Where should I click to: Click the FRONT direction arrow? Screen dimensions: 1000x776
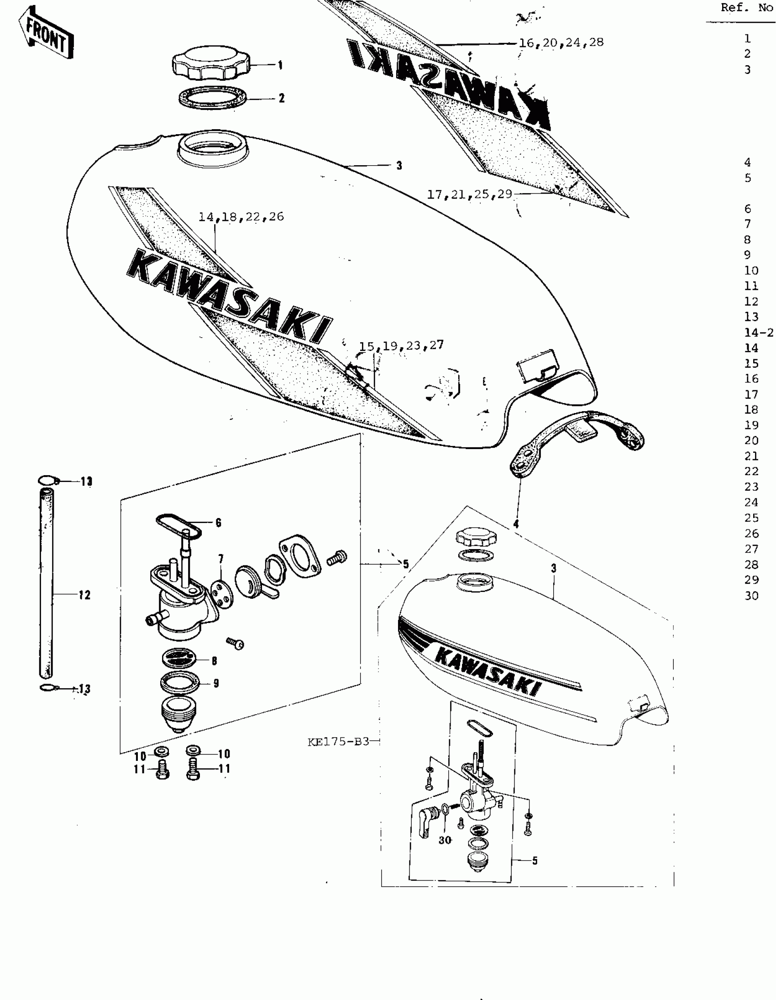click(46, 33)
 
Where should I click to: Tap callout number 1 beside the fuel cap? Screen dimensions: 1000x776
click(280, 65)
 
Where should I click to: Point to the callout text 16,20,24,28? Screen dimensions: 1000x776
click(561, 43)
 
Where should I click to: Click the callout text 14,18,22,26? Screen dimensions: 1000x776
click(241, 217)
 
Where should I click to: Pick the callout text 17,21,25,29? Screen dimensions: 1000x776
click(469, 194)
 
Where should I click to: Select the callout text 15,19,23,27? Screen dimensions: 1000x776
click(401, 345)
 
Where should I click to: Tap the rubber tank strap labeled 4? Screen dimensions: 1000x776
click(577, 440)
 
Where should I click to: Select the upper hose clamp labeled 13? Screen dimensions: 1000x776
click(47, 480)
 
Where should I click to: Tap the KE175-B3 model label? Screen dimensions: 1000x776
click(338, 742)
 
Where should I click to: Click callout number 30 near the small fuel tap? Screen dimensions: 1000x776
click(445, 840)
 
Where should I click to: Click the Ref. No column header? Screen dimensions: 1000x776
click(747, 8)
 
